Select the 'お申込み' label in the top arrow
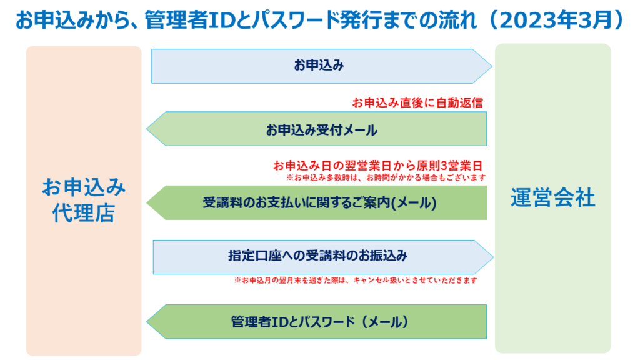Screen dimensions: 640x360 [x=319, y=65]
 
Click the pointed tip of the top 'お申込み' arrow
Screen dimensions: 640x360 [x=492, y=66]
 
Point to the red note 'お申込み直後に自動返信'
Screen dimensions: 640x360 [x=417, y=102]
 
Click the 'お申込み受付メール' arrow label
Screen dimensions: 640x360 [x=322, y=130]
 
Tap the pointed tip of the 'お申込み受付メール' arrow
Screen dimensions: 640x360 [x=147, y=129]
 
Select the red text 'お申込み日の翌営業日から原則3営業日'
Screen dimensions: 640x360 [x=378, y=166]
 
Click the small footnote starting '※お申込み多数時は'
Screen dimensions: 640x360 [x=386, y=177]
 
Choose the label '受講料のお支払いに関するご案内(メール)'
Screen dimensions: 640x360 [x=319, y=203]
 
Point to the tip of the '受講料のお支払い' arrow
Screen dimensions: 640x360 [x=147, y=203]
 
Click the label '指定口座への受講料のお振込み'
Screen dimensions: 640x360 [x=317, y=256]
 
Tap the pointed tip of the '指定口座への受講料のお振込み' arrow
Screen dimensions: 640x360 [x=494, y=257]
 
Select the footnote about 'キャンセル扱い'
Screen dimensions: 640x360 [x=356, y=281]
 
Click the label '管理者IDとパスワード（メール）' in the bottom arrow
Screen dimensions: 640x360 [x=319, y=322]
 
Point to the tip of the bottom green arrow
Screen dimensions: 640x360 [x=147, y=322]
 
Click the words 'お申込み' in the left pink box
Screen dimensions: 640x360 [x=84, y=187]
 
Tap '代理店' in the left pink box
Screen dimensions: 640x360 [x=84, y=213]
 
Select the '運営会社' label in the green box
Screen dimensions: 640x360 [x=552, y=198]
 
